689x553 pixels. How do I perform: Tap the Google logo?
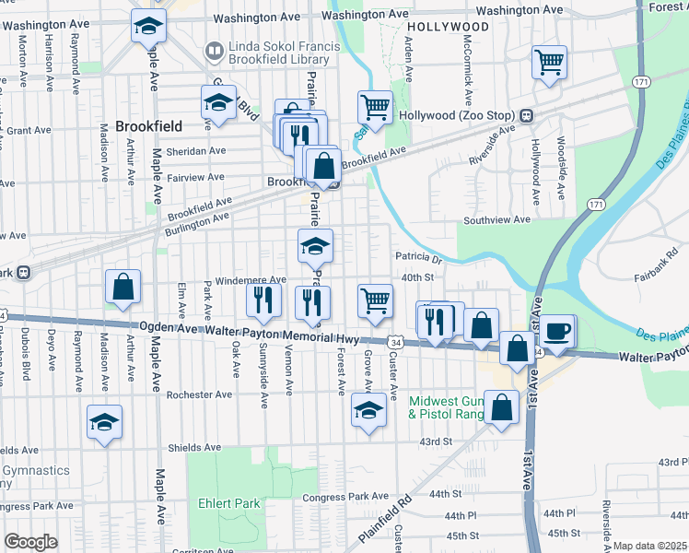coord(30,542)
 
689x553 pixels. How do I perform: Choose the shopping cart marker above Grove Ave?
coord(375,300)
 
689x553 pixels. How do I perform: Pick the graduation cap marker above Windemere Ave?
coord(315,246)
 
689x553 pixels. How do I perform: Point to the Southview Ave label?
coord(496,220)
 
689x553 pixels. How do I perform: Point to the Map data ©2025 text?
coord(649,546)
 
